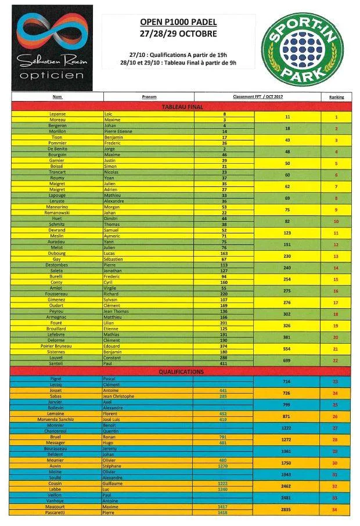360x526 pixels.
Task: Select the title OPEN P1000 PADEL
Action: [x=178, y=22]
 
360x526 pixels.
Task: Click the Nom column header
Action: [x=57, y=97]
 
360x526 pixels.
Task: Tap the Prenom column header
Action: [x=149, y=97]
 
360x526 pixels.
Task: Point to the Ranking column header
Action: [x=336, y=97]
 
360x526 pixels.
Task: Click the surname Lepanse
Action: [x=57, y=114]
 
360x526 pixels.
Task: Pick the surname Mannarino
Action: [x=57, y=207]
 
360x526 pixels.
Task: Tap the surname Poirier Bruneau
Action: [x=57, y=346]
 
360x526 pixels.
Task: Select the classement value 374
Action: [x=224, y=346]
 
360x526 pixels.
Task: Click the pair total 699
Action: [x=287, y=361]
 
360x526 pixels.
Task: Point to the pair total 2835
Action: [x=287, y=509]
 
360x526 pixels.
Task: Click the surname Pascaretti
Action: [x=57, y=513]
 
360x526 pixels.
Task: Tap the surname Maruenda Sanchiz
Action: [x=57, y=419]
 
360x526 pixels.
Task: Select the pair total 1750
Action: [x=287, y=463]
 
